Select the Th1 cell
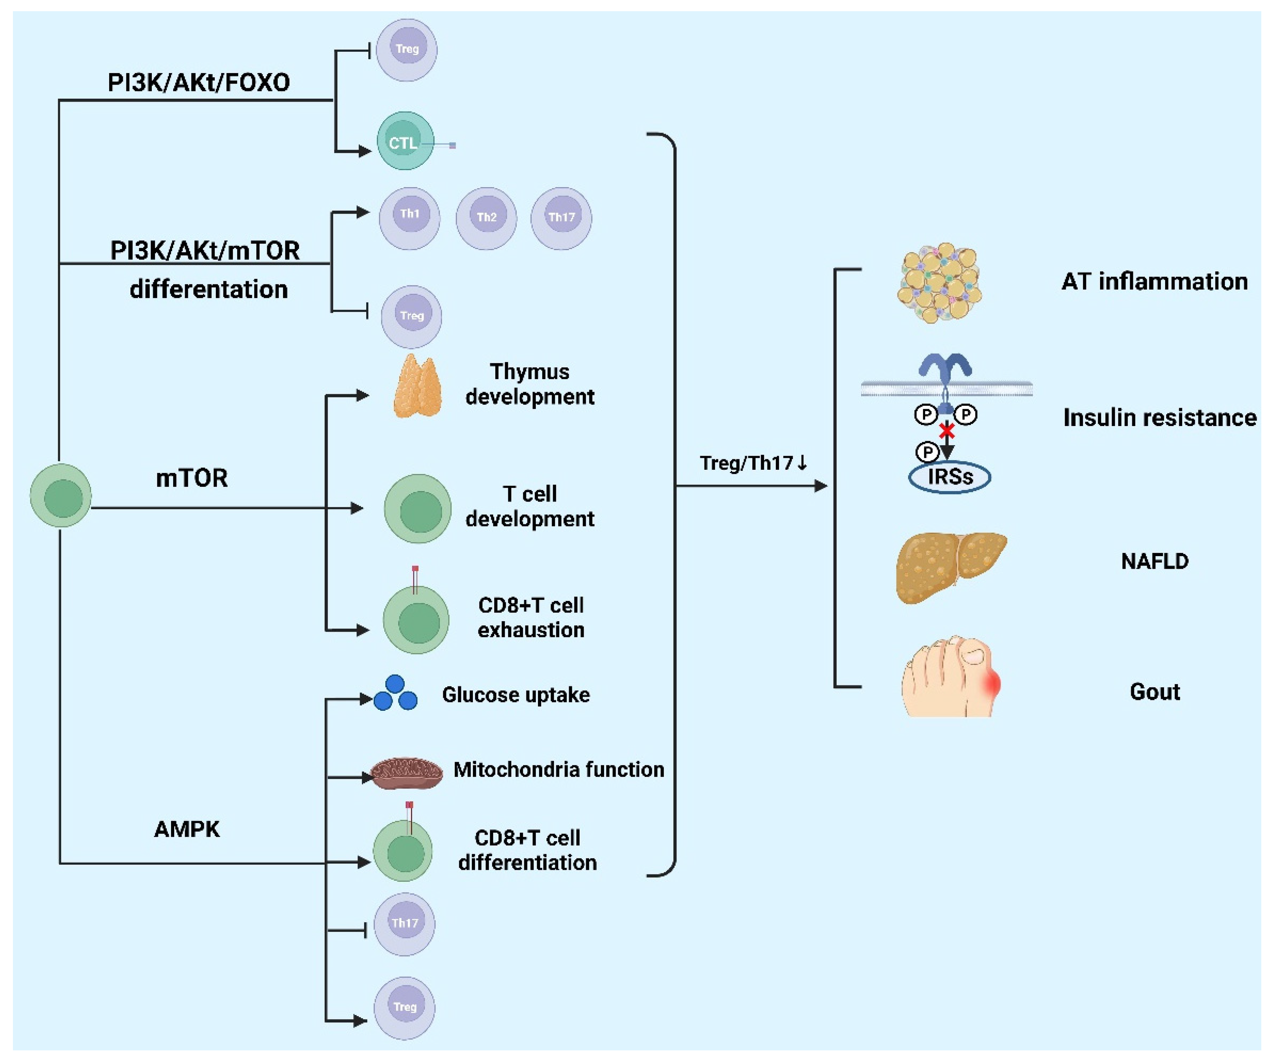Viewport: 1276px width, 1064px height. tap(410, 218)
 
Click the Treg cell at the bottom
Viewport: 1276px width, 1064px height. tap(404, 1008)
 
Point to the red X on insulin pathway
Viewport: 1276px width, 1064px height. tap(947, 431)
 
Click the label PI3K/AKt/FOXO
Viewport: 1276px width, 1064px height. tap(199, 83)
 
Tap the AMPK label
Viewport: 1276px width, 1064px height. tap(186, 829)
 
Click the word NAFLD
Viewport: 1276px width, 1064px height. tap(1154, 561)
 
